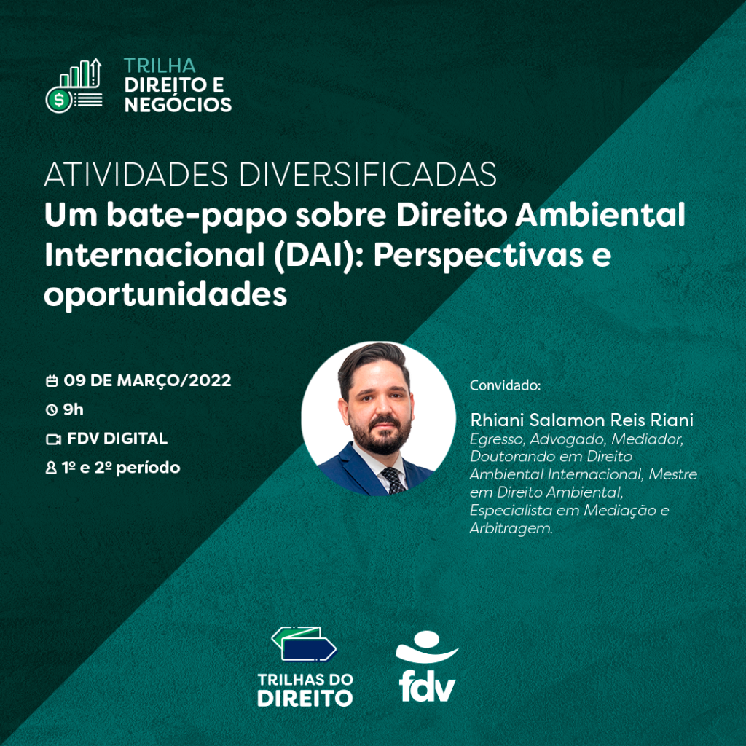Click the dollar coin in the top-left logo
click(58, 100)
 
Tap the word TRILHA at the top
click(160, 66)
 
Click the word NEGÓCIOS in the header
click(178, 104)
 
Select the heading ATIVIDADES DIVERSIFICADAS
click(270, 175)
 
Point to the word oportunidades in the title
click(165, 295)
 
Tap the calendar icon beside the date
click(52, 380)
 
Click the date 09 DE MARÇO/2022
click(147, 380)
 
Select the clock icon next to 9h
click(52, 409)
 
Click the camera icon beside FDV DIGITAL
click(53, 439)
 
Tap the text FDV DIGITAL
click(117, 439)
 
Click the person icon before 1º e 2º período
click(51, 468)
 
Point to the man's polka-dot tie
click(393, 480)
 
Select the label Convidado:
click(506, 385)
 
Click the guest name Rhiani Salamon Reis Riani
click(582, 420)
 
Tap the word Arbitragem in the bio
click(511, 528)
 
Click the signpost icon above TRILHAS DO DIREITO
click(305, 644)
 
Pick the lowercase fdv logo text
click(427, 686)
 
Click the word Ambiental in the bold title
click(600, 215)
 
